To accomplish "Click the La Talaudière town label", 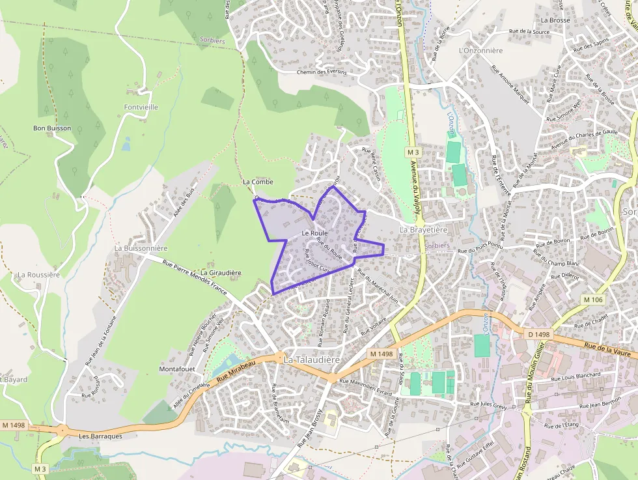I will point(312,359).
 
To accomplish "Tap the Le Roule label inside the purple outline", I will point(314,233).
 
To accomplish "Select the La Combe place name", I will point(258,182).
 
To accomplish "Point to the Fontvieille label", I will point(141,107).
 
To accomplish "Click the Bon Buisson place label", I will point(52,128).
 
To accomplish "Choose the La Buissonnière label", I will point(141,248).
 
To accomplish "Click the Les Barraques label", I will point(100,436).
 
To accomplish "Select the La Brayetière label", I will point(423,230).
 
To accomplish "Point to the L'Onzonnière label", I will point(480,50).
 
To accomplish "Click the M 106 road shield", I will point(593,300).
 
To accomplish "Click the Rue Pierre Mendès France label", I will point(194,275).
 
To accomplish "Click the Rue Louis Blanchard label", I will point(576,376).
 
